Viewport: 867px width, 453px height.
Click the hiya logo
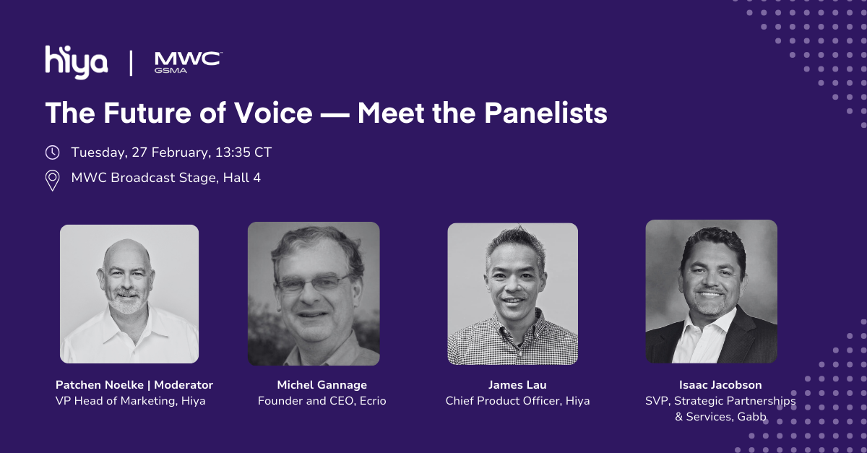[77, 62]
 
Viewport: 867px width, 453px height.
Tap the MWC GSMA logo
[188, 62]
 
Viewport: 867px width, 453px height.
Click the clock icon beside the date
[52, 152]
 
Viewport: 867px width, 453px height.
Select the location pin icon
[52, 181]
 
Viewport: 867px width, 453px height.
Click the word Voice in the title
[273, 113]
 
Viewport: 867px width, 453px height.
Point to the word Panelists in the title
[545, 113]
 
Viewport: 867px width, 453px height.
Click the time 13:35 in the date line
[233, 152]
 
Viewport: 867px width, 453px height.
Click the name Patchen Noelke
[100, 385]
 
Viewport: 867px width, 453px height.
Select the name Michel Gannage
[322, 385]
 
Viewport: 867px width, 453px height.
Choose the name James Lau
[517, 385]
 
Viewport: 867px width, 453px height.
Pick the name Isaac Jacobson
[720, 385]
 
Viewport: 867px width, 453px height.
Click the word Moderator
[184, 385]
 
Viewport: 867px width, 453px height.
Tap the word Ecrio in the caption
[373, 401]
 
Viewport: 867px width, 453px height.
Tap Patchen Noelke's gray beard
[126, 301]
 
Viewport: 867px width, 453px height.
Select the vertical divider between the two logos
[131, 63]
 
